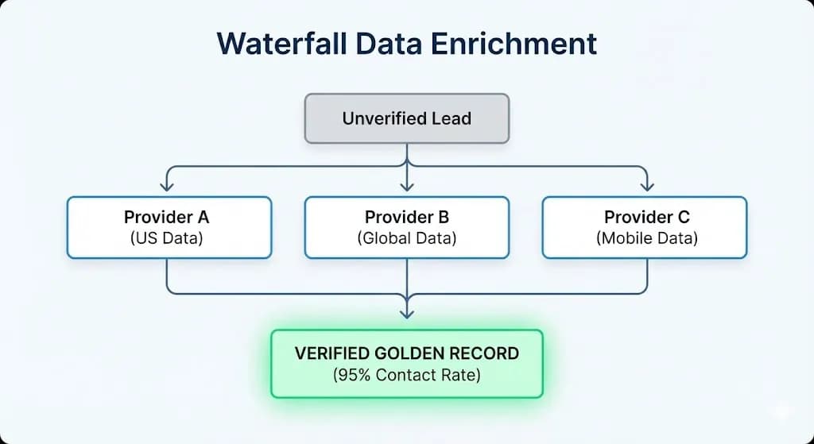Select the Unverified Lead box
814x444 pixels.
[406, 118]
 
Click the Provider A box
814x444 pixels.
[169, 227]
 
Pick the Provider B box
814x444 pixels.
[406, 227]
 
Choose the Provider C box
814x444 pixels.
[645, 227]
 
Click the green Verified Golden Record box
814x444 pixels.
[406, 363]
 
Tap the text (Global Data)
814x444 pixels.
[406, 237]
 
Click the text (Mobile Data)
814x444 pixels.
[646, 237]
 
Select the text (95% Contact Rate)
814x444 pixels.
[406, 375]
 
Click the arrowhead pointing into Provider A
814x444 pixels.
[167, 186]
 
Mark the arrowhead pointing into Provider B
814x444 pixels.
[407, 186]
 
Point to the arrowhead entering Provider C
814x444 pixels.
[647, 186]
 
